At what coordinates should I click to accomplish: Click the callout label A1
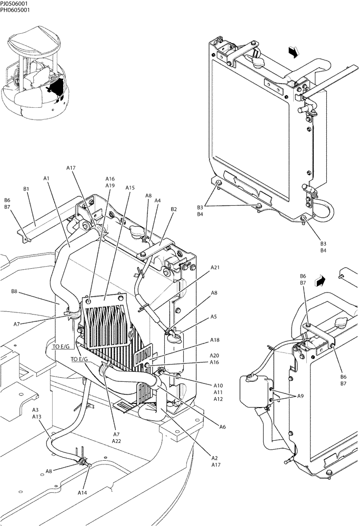pos(46,178)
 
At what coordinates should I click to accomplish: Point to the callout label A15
pos(130,187)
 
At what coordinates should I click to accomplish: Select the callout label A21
pos(215,268)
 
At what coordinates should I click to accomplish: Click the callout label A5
pos(214,317)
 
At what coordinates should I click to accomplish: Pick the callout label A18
pos(215,341)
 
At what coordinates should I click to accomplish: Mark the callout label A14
pos(83,492)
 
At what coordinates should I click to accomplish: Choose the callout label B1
pos(26,188)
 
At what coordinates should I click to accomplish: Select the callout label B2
pos(173,209)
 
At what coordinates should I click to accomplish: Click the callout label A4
pos(158,200)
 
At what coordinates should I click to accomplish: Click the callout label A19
pos(110,186)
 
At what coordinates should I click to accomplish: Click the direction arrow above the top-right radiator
pos(294,52)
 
